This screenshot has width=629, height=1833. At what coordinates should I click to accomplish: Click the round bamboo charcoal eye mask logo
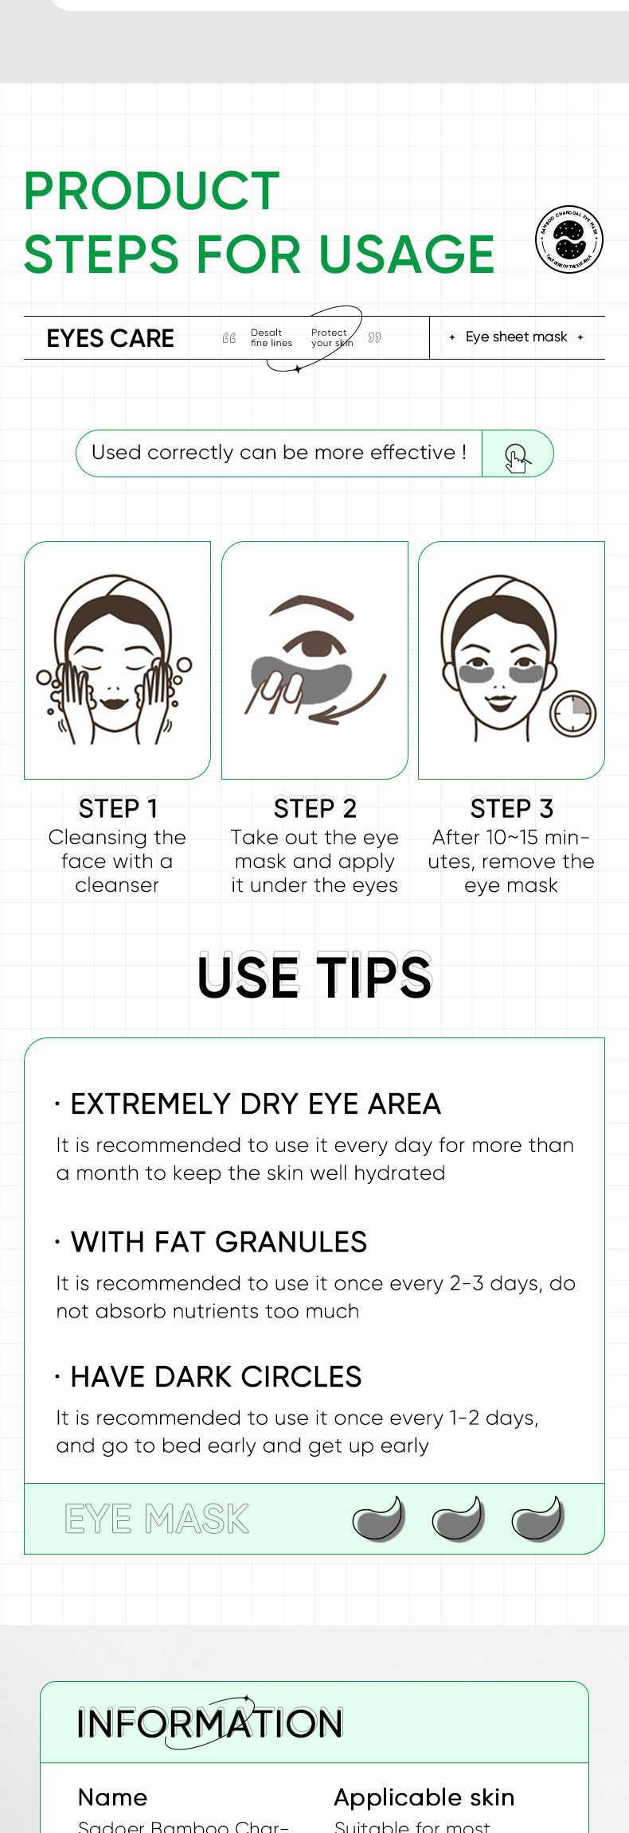pos(568,239)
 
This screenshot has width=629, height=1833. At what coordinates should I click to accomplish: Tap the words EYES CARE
pos(111,338)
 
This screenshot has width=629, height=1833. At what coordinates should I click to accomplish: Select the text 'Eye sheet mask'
pos(516,337)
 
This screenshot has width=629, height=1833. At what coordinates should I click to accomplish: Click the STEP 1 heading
pos(118,808)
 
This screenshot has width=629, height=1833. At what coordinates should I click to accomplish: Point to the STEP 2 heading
pos(314,808)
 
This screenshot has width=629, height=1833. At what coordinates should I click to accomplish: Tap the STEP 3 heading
pos(511,808)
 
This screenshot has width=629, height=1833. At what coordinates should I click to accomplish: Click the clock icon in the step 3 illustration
pos(572,714)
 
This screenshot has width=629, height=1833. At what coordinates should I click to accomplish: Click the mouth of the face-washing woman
pos(114,703)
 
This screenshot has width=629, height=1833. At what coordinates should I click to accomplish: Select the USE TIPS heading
pos(314,977)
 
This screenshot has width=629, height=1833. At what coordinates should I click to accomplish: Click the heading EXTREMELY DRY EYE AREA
pos(255,1104)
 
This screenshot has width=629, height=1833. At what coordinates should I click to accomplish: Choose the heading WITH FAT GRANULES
pos(218,1242)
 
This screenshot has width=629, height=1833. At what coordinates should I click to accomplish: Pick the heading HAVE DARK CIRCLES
pos(216,1377)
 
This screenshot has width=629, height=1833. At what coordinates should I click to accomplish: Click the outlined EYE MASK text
pos(157,1519)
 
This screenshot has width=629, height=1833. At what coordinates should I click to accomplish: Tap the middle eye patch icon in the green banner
pos(459,1519)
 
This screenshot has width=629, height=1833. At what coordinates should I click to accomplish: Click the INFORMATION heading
pos(210,1723)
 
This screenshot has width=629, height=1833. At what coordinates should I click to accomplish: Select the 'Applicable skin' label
pos(424,1797)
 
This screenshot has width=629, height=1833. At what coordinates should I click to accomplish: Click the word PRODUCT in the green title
pos(151,191)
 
